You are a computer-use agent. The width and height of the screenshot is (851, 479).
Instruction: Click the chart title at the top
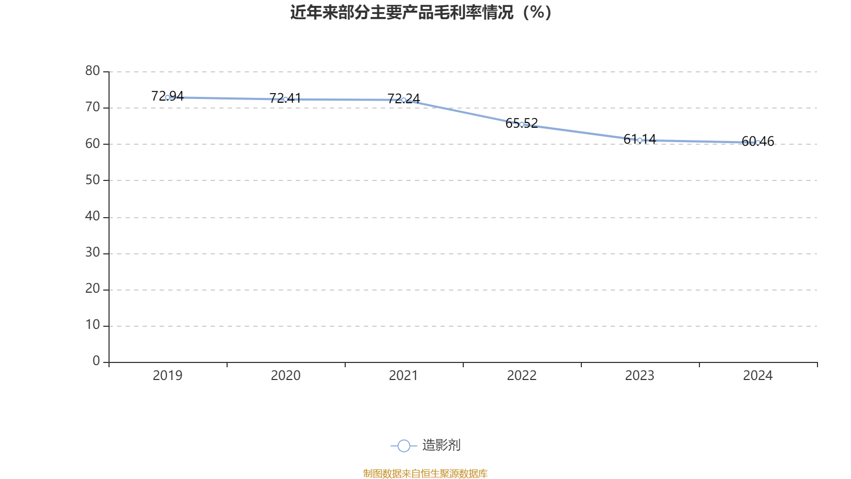point(421,12)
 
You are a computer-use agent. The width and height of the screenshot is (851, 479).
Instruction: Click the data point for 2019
point(168,97)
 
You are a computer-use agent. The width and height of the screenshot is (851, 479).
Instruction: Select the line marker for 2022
point(522,124)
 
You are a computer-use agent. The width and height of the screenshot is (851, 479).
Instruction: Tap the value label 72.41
point(285,98)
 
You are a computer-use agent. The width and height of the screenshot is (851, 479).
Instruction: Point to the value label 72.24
point(404,98)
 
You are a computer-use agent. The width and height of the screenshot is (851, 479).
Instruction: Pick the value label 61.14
point(640,139)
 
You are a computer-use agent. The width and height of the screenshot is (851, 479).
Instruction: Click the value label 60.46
point(758,141)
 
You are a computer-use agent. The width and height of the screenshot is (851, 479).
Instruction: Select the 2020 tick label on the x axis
point(286,376)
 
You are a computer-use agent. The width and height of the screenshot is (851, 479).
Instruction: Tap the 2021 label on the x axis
point(404,376)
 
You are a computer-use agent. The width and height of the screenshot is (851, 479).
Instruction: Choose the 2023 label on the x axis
point(640,376)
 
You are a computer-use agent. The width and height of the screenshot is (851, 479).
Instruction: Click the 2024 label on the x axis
point(758,376)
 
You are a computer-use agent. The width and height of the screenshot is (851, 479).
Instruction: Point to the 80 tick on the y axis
point(93,71)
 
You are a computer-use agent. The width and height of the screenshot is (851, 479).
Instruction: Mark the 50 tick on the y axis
point(93,180)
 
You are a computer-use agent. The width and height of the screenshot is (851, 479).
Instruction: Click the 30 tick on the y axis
point(93,253)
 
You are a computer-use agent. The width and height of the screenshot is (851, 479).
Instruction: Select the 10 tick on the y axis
point(93,325)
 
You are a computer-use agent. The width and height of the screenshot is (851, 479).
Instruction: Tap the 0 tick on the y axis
point(96,361)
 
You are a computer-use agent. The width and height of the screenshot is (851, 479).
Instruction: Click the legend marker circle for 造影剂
point(404,445)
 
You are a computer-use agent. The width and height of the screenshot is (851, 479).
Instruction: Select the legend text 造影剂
point(441,445)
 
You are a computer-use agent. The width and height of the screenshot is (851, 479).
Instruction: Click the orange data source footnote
point(425,473)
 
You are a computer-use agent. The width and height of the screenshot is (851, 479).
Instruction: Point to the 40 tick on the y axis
point(93,216)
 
